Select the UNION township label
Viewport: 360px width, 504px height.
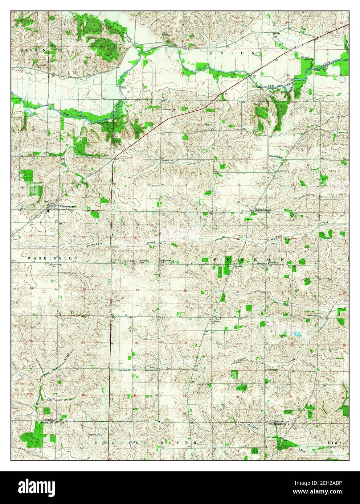click(232, 53)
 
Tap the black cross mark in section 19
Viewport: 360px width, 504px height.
click(123, 311)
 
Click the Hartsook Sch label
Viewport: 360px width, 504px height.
click(169, 160)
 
